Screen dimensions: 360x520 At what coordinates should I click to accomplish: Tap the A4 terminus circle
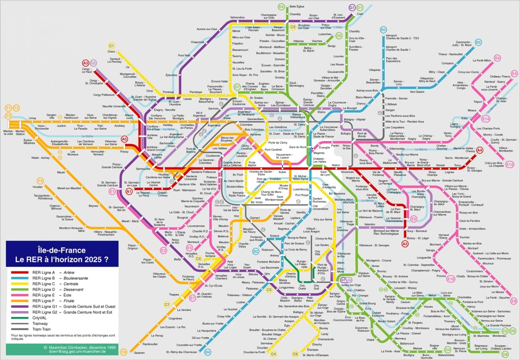[x=479, y=150]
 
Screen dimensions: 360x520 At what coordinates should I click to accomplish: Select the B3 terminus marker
[x=383, y=30]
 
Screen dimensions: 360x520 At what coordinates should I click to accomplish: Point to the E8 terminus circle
[x=513, y=301]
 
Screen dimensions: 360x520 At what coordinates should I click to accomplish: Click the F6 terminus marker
[x=123, y=352]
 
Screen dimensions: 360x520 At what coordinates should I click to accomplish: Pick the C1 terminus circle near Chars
[x=111, y=46]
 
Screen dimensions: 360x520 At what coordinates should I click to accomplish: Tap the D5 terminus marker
[x=339, y=36]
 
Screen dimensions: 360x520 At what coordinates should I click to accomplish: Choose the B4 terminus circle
[x=207, y=352]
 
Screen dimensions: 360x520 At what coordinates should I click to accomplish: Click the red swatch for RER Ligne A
[x=20, y=272]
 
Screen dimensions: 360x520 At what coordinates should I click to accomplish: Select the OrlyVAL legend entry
[x=39, y=318]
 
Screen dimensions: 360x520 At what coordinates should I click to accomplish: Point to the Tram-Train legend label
[x=41, y=329]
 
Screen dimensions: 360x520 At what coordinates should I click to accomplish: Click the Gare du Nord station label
[x=297, y=147]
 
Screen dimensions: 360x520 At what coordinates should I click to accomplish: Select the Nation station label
[x=336, y=165]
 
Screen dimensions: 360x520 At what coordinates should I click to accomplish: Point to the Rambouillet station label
[x=150, y=344]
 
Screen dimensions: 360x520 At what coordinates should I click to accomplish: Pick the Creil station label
[x=360, y=14]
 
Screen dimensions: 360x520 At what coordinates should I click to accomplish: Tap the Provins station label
[x=441, y=276]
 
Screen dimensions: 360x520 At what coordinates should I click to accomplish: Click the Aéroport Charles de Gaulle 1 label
[x=398, y=48]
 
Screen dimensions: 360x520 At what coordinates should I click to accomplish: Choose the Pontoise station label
[x=168, y=92]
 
